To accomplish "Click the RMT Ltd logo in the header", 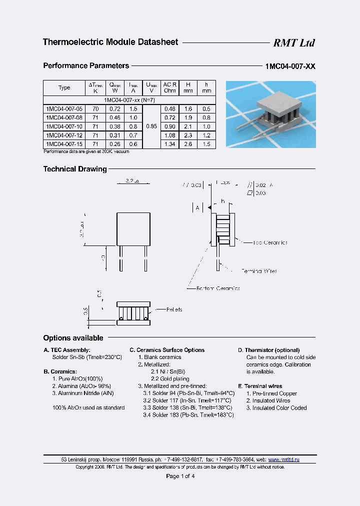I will pos(293,43).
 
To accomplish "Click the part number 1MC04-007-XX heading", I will pos(290,66).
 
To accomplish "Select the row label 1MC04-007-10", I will pos(64,126).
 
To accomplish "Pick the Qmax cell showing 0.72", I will pos(114,108).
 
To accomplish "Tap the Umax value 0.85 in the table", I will pos(151,126).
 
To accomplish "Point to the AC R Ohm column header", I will pos(170,87).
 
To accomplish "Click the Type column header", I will pos(64,87).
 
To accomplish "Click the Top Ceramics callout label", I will pos(270,242).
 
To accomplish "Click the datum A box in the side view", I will pos(198,207).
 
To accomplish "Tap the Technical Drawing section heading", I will pos(75,169).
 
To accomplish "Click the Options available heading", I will pos(73,338).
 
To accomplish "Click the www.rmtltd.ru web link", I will pos(284,459).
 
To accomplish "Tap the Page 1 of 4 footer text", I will pos(180,476).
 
